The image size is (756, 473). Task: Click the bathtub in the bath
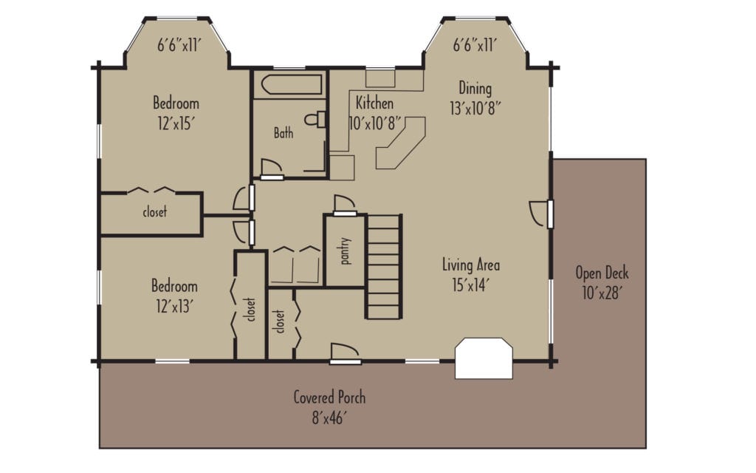pos(288,84)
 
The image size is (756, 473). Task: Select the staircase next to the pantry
pos(384,266)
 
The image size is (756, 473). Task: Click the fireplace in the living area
pos(484,358)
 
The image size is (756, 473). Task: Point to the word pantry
pos(345,251)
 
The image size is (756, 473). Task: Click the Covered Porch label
pos(329,398)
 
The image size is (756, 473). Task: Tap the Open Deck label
pos(602,273)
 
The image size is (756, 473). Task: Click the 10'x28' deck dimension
pos(602,292)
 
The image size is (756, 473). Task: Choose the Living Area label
pos(472,265)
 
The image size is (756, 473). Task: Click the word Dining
pos(475,87)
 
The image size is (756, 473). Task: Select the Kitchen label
pos(374,103)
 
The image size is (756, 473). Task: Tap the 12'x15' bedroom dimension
pos(176,123)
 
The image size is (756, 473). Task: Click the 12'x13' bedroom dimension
pos(175,304)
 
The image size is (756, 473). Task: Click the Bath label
pos(283,134)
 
